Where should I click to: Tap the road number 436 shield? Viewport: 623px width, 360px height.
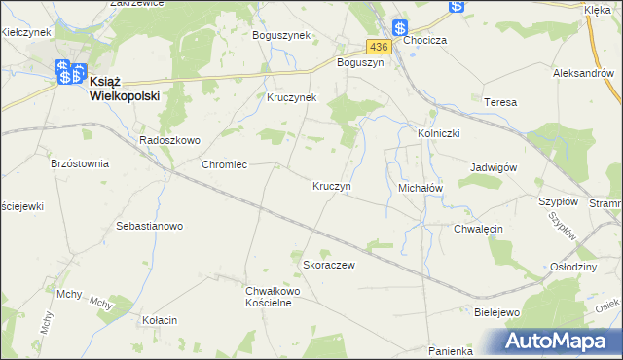click(379, 46)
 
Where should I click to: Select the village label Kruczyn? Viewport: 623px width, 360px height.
click(332, 185)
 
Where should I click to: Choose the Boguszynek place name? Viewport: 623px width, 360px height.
click(280, 35)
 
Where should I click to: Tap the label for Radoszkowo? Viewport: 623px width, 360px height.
click(169, 140)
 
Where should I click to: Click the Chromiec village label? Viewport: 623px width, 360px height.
click(224, 164)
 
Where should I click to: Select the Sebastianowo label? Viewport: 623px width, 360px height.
click(150, 226)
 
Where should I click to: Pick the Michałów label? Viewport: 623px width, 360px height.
click(421, 186)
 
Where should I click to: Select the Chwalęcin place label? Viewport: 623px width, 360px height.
click(478, 229)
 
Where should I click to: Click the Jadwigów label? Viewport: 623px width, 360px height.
click(493, 166)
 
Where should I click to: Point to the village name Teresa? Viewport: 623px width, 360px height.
click(499, 102)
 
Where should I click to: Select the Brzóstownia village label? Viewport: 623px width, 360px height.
click(80, 164)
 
